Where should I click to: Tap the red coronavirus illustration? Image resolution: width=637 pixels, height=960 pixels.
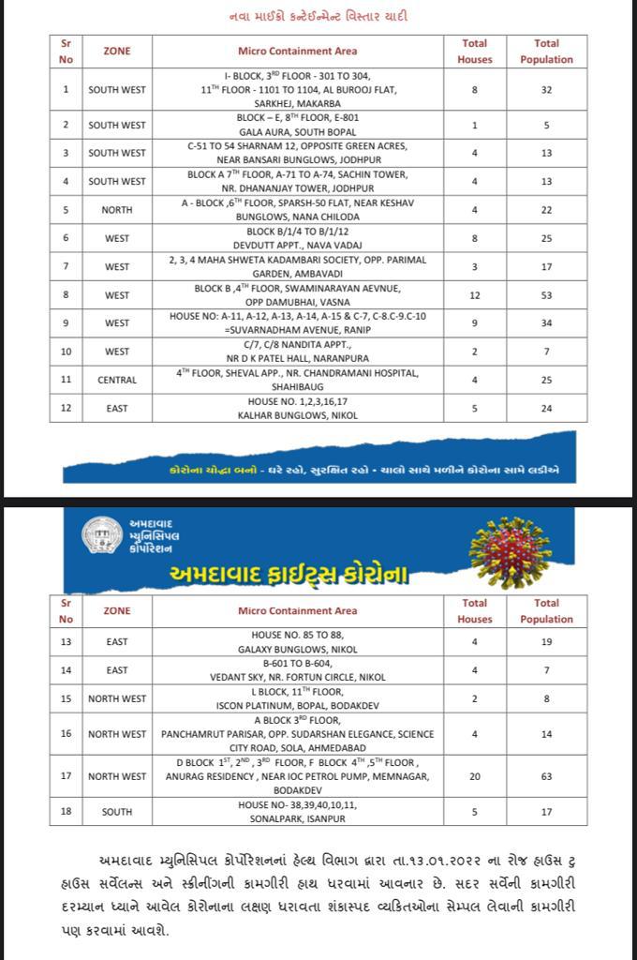click(510, 552)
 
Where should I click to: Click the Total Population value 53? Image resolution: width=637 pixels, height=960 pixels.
click(546, 295)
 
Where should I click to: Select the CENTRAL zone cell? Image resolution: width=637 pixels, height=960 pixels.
click(117, 380)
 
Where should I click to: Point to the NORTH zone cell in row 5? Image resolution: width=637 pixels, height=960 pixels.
click(117, 210)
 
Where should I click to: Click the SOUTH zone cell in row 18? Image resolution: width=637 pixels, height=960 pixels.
click(117, 811)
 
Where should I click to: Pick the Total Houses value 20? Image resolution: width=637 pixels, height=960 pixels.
click(475, 776)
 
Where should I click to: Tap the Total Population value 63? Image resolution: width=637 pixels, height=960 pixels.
click(546, 776)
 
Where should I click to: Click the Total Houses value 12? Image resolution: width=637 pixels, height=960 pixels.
click(475, 295)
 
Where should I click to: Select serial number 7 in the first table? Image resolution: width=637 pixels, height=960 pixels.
click(66, 267)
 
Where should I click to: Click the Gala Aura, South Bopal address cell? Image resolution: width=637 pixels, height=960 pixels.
click(298, 125)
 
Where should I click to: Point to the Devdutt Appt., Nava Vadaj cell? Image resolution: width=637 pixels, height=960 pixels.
click(298, 238)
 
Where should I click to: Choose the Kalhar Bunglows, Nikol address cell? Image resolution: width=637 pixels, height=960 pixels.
click(298, 408)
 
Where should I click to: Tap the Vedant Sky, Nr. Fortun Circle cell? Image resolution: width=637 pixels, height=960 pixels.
click(298, 670)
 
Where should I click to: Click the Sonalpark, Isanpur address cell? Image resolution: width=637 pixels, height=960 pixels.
click(298, 811)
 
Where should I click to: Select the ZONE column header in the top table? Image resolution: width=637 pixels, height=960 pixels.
click(117, 51)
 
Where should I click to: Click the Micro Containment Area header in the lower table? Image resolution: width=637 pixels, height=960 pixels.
click(298, 610)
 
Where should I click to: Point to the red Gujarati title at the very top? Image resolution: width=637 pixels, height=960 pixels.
click(318, 16)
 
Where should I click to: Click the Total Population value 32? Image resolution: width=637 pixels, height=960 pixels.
click(546, 90)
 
